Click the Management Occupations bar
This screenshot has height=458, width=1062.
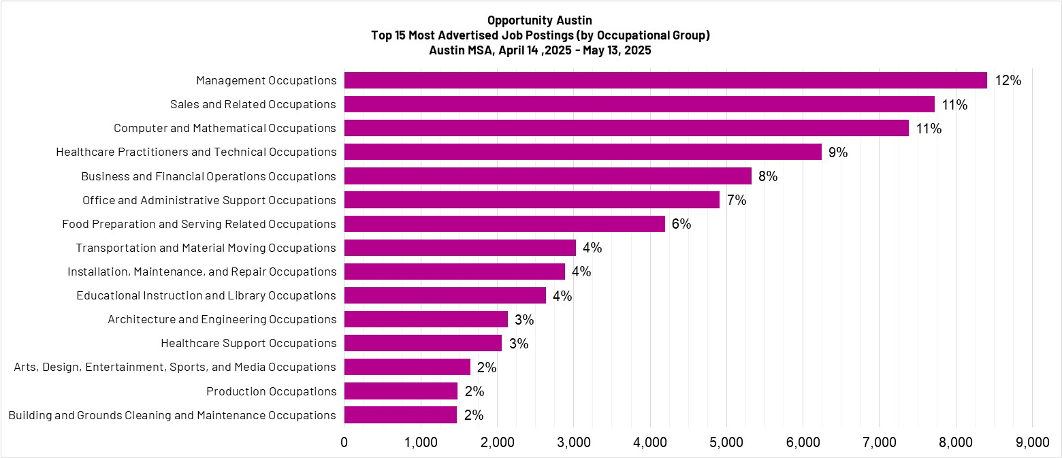point(665,80)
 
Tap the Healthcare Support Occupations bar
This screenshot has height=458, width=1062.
point(423,343)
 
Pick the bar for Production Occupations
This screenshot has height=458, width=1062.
point(400,391)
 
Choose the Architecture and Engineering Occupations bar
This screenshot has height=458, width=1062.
point(425,319)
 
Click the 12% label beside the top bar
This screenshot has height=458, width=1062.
point(1008,80)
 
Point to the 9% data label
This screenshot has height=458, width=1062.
point(838,152)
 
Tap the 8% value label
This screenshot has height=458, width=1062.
point(768,176)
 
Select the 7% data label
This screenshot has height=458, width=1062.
point(737,200)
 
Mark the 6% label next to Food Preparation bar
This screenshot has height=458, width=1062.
point(681,224)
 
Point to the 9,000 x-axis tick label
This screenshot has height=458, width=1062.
point(1032,442)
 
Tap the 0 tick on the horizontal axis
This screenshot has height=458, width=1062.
point(344,442)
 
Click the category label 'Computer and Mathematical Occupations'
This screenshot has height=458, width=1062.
point(225,129)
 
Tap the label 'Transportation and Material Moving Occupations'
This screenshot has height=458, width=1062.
point(206,248)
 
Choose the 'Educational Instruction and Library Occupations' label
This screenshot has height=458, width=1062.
point(206,295)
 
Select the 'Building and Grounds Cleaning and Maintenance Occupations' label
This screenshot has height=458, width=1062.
point(172,415)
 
